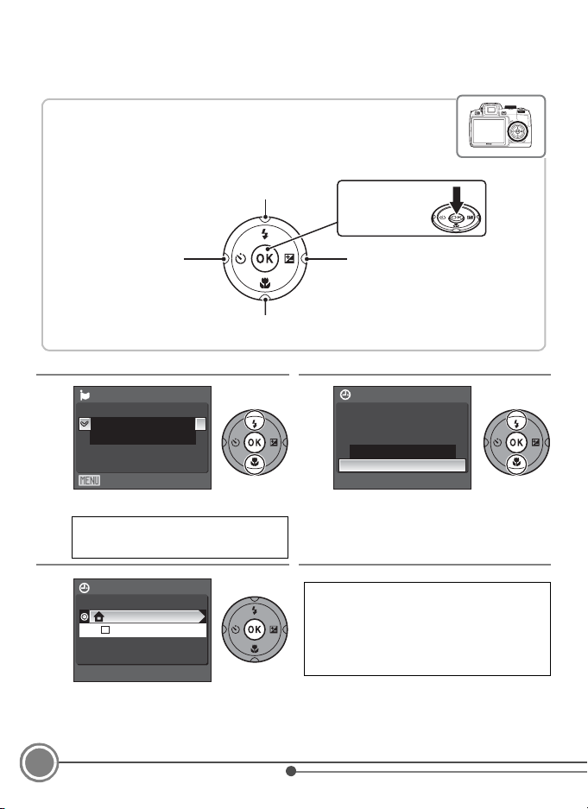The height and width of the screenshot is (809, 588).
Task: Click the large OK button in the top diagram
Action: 264,258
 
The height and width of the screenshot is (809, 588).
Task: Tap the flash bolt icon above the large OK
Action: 265,234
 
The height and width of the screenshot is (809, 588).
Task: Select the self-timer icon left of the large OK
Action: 240,258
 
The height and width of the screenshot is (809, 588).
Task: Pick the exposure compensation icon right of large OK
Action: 289,258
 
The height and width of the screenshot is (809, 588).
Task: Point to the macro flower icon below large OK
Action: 265,283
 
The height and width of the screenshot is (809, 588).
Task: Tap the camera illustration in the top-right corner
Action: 500,125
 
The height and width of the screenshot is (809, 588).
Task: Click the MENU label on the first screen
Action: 89,480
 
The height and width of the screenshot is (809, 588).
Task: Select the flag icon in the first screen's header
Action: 85,395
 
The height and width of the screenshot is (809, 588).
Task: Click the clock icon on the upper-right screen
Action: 345,395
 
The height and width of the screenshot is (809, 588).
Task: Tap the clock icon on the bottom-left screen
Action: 85,588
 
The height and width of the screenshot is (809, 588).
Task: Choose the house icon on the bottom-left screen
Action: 99,616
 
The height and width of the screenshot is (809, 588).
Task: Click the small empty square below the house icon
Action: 105,630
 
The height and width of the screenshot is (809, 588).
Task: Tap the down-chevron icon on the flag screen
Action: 85,424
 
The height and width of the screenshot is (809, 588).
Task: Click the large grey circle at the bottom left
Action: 39,762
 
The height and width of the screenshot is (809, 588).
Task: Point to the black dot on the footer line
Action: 291,771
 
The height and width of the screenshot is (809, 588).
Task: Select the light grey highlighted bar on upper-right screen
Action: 402,465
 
